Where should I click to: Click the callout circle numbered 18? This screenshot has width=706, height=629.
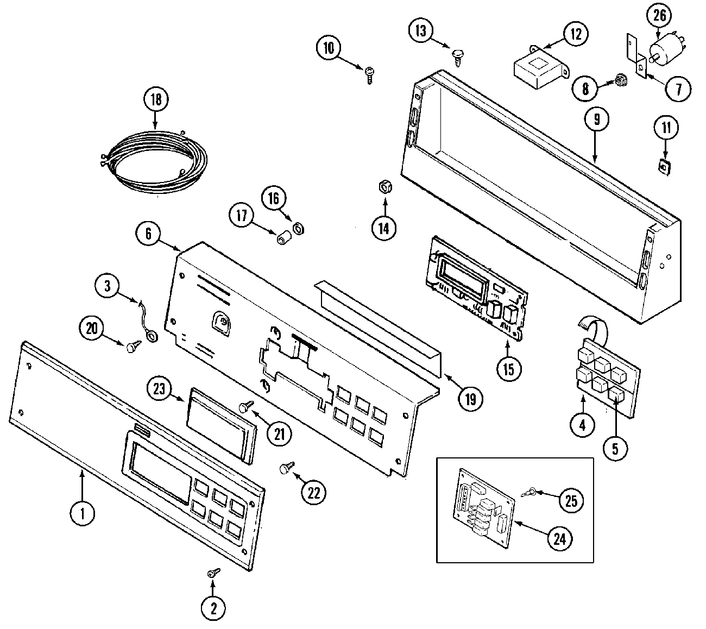coord(156,100)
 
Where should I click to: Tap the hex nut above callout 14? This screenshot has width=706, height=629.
coord(384,188)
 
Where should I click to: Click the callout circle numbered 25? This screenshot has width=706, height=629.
coord(571,500)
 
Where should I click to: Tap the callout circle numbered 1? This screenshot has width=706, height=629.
coord(83,514)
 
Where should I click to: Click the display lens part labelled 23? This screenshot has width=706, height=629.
coord(220,424)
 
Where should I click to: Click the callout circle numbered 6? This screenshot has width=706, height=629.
coord(148,234)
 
